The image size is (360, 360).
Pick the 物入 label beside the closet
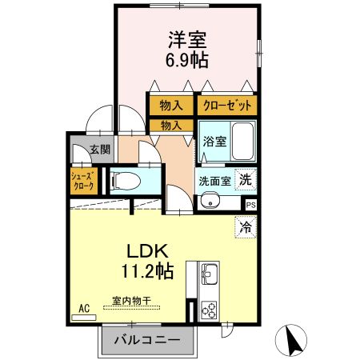[171, 105]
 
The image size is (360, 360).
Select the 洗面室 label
[214, 180]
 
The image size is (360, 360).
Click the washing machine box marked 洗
[247, 179]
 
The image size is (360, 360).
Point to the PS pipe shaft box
[251, 205]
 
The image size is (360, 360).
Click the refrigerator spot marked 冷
[246, 227]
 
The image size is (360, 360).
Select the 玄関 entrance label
[98, 149]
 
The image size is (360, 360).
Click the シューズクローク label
[83, 181]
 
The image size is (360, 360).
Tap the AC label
[83, 307]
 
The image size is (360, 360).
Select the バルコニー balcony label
[146, 340]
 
